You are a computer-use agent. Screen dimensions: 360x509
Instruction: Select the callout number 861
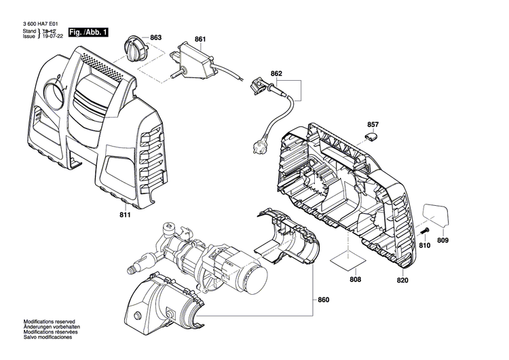(x=200, y=40)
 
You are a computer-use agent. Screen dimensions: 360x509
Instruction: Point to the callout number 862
(x=276, y=73)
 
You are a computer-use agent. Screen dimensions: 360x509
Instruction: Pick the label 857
(x=373, y=124)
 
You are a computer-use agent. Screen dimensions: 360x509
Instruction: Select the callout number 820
(x=402, y=278)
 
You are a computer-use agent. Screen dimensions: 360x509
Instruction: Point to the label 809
(x=442, y=240)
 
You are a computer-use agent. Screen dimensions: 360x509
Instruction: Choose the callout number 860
(x=322, y=300)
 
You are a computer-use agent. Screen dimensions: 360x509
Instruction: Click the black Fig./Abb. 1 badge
(x=88, y=32)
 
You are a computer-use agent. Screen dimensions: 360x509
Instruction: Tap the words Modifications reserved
(x=50, y=321)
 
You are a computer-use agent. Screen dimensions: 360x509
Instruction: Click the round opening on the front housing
(x=52, y=94)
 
